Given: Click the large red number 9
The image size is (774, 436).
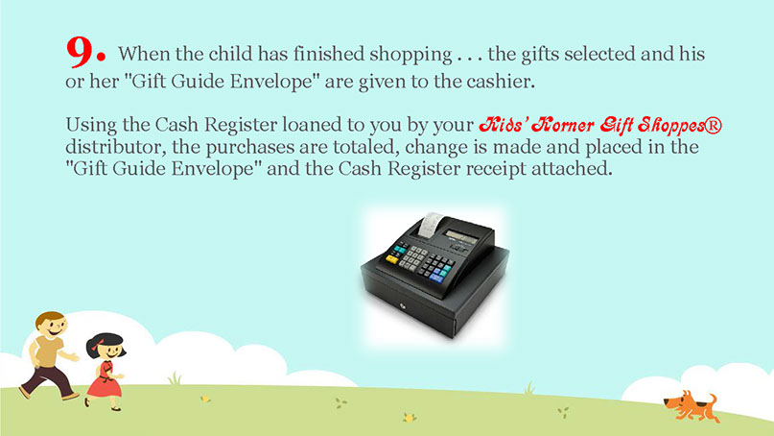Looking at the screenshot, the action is click(82, 52).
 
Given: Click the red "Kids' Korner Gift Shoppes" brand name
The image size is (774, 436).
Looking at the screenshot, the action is click(591, 125).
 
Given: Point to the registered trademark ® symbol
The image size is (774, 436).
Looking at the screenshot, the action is click(713, 125).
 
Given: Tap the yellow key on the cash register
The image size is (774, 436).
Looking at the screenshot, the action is click(392, 258).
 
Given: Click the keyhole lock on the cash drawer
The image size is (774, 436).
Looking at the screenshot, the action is click(403, 307).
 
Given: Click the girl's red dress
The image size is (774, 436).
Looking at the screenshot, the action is click(104, 380).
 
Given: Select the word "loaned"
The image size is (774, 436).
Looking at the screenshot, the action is click(312, 125).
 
